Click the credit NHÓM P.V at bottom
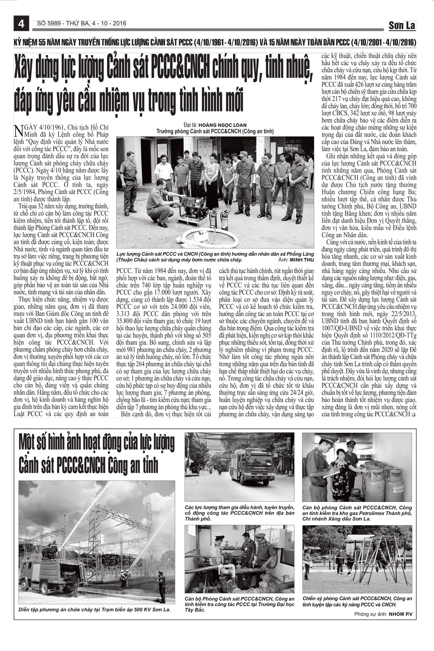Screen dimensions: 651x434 point(401,614)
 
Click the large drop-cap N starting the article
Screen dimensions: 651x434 point(18,130)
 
